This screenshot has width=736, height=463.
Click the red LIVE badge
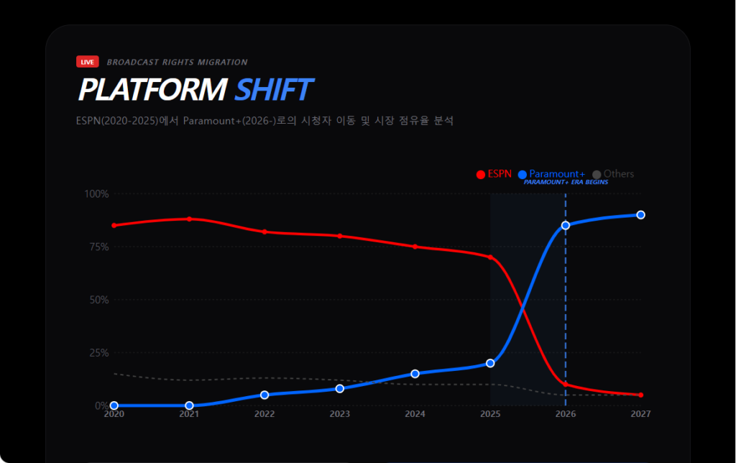point(88,62)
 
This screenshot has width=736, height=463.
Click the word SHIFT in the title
point(273,90)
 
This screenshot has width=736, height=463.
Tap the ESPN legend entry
point(494,174)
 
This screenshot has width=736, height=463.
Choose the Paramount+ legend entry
point(551,174)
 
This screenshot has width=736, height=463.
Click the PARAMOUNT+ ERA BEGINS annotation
point(566,183)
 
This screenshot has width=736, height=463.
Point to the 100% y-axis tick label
point(96,193)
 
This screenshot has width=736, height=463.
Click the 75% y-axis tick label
point(98,247)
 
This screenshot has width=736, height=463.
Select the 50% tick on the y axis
point(98,300)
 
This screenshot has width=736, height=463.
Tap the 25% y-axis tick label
point(98,353)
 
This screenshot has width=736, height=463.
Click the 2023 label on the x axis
point(340,414)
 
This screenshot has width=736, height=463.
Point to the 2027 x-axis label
point(640,414)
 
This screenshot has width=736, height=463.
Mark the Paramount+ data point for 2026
point(566,225)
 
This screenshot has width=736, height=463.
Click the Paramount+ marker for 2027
point(640,215)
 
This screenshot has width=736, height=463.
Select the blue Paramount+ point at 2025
point(490,363)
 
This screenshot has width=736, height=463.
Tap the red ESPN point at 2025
point(490,257)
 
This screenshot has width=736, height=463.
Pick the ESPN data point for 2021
point(189,219)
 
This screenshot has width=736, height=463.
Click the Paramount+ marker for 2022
point(264,395)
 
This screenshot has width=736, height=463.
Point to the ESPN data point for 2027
point(640,395)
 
